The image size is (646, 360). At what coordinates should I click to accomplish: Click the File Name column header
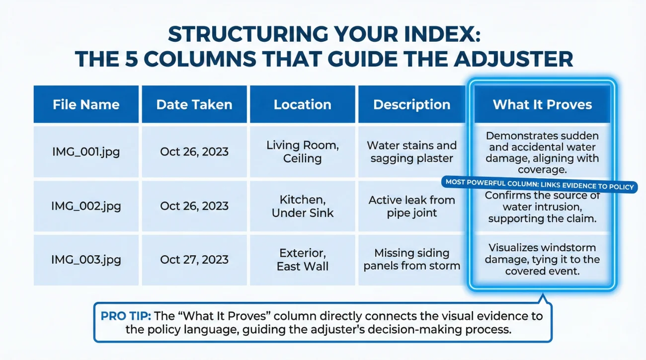pos(86,105)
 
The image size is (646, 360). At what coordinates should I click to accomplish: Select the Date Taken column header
pos(194,105)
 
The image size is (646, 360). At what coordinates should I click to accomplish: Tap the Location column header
pos(302,105)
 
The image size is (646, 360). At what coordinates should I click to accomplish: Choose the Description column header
pos(411,105)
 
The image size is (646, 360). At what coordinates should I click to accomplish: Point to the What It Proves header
pos(542,105)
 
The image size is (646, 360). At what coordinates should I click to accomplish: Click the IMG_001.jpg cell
pos(86,152)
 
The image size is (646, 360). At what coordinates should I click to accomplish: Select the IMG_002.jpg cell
pos(86,206)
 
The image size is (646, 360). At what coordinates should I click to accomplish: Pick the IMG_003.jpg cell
pos(86,260)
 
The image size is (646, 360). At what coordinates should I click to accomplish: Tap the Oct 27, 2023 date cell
pos(194,260)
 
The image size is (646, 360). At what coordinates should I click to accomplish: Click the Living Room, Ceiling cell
pos(302,152)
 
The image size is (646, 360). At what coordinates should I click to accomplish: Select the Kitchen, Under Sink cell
pos(302,206)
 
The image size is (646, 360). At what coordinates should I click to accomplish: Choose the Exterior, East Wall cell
pos(302,260)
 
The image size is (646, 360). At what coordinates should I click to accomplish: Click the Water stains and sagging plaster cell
pos(411,152)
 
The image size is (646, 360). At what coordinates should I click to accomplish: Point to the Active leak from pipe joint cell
pos(411,206)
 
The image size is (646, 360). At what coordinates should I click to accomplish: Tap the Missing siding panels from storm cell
pos(411,260)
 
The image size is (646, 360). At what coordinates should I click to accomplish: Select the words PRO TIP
pos(126,316)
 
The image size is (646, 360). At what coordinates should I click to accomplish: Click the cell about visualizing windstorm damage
pos(542,259)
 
